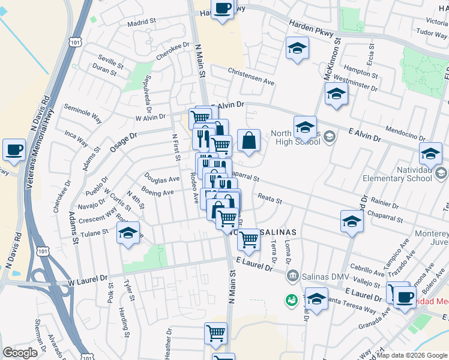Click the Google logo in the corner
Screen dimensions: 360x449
point(20,353)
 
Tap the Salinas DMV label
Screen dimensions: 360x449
point(315,275)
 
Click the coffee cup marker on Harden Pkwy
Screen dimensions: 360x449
point(223,9)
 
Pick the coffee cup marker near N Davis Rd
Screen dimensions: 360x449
point(14,150)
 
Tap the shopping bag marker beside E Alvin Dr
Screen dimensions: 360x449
point(249,141)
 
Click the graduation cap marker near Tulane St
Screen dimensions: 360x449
point(128,233)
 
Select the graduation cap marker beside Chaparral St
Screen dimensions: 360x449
point(351,221)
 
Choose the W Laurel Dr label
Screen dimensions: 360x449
point(87,279)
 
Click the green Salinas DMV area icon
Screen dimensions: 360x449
point(292,299)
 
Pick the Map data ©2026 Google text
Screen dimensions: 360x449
point(412,355)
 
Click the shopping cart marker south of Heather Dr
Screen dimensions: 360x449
point(215,333)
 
